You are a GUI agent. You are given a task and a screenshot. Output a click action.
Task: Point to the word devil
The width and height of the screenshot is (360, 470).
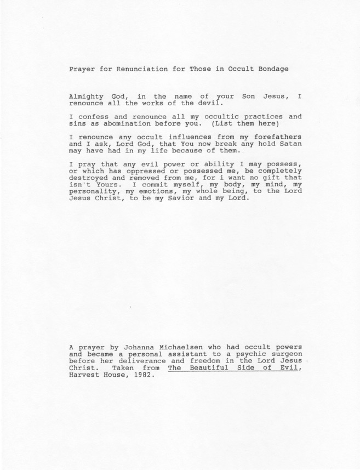click(210, 102)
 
